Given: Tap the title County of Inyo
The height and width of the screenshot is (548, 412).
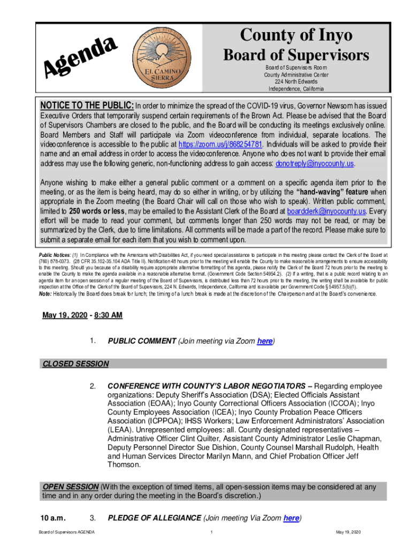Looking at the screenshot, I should [x=296, y=35].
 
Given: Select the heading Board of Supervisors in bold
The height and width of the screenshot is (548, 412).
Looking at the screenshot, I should [x=296, y=55].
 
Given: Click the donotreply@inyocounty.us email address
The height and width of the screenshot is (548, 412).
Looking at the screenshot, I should [x=315, y=163].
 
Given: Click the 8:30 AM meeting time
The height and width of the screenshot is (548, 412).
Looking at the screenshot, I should [x=108, y=315].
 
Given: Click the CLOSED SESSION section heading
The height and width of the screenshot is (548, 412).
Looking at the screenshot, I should [x=75, y=364].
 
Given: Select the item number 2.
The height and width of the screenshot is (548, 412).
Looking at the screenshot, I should [x=93, y=386].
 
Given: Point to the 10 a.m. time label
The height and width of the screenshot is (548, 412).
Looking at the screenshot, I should [x=53, y=517].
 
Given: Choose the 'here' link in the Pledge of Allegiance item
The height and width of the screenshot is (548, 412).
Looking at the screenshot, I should [x=291, y=517].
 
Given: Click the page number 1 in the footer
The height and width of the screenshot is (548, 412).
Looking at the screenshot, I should [x=212, y=532].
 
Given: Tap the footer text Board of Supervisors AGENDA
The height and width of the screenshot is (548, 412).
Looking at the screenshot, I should [x=66, y=532].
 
